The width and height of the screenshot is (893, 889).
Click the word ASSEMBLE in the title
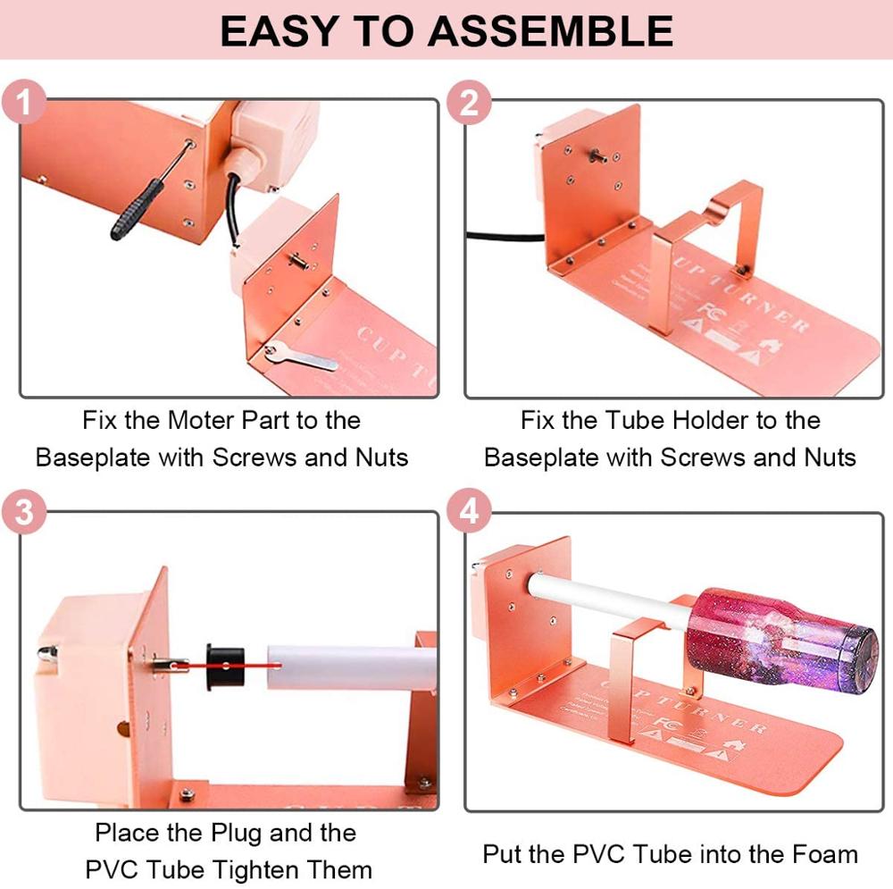(x=550, y=31)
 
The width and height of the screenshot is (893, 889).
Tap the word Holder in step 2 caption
(x=714, y=420)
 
